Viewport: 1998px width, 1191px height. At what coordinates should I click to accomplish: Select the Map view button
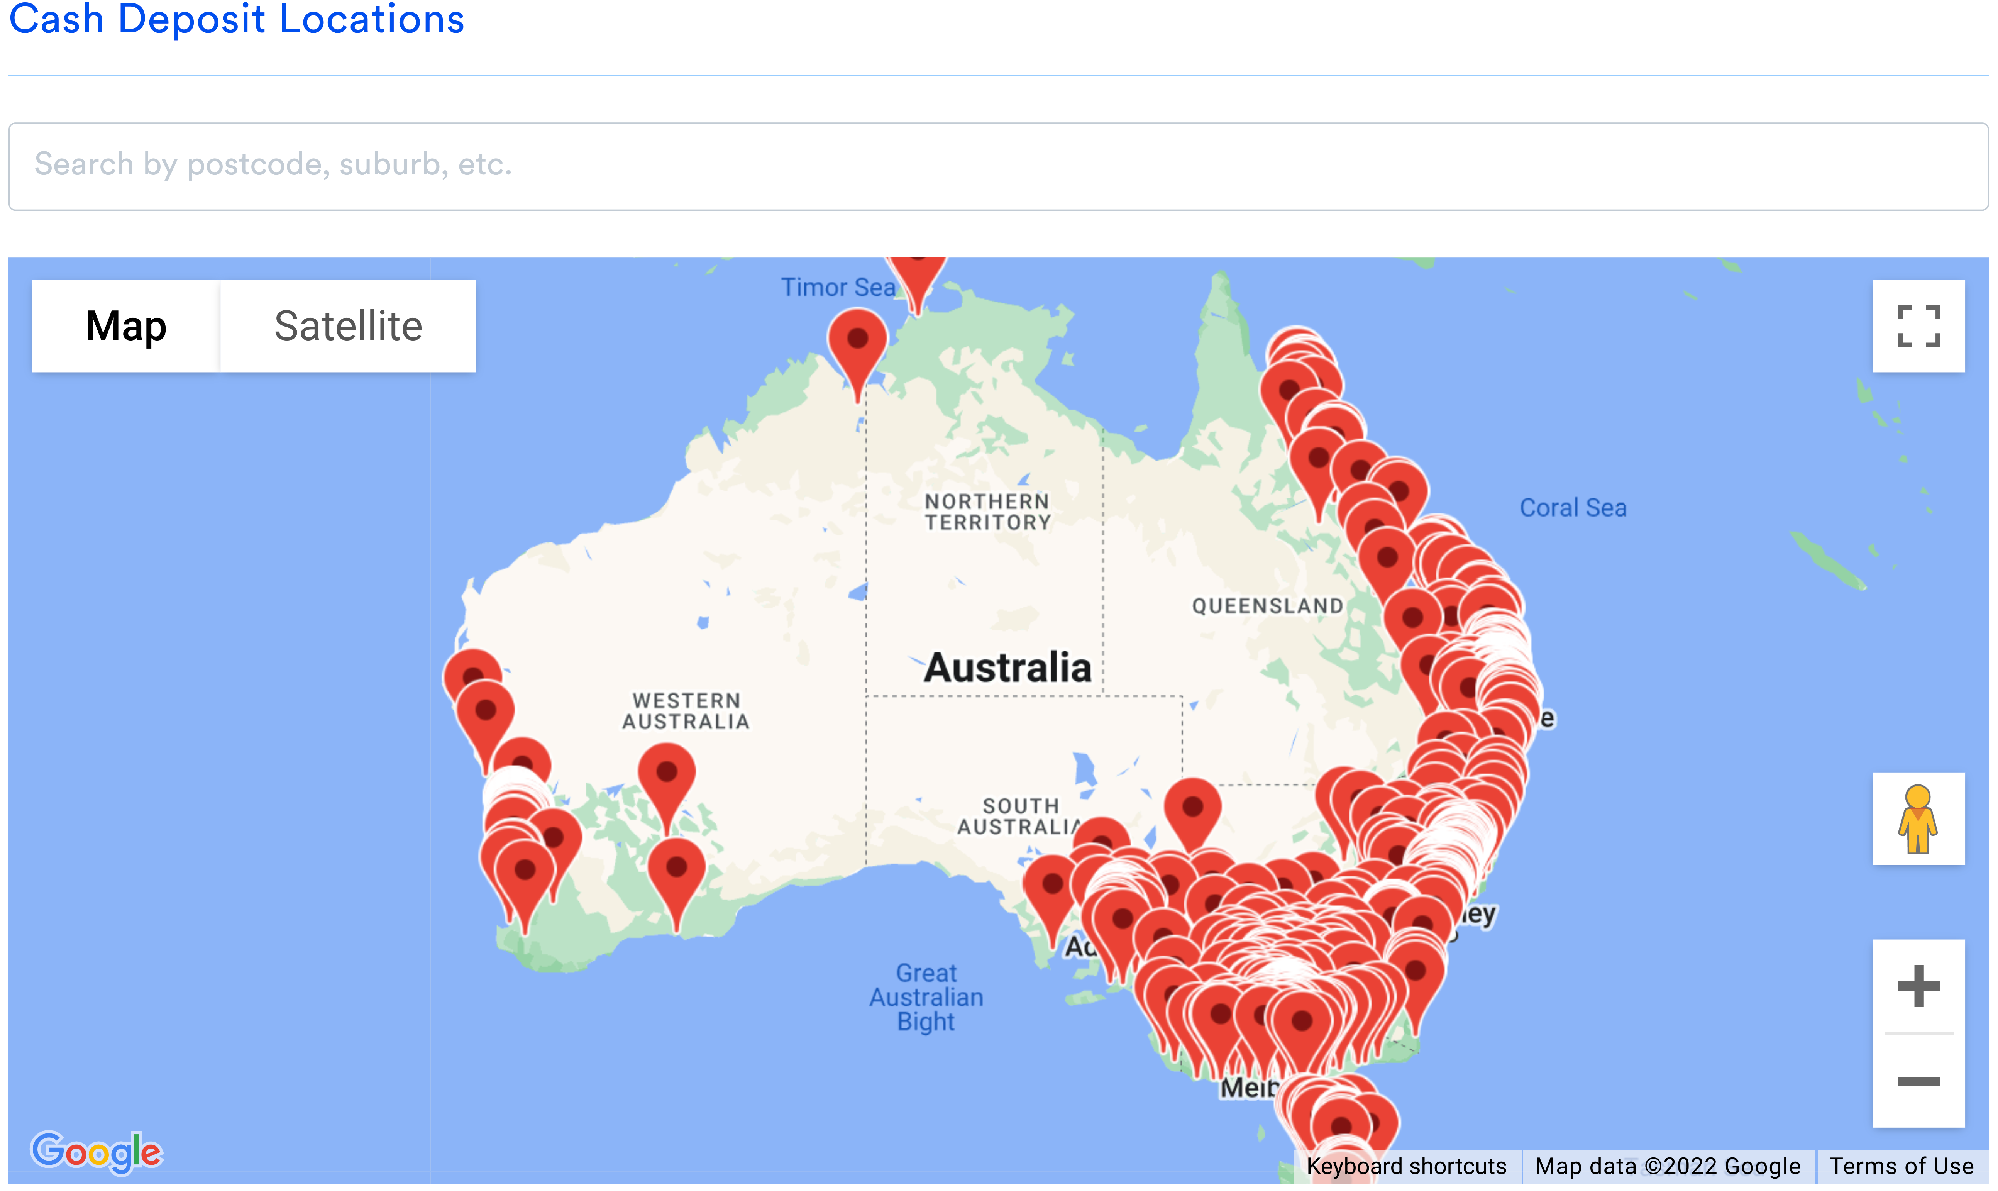click(x=126, y=326)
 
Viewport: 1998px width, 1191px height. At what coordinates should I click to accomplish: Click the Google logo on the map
click(x=96, y=1152)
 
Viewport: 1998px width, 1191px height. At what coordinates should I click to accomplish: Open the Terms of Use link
click(x=1901, y=1166)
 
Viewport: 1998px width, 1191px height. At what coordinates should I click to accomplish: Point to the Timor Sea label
click(x=837, y=287)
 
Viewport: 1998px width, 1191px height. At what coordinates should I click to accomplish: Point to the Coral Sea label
click(x=1573, y=508)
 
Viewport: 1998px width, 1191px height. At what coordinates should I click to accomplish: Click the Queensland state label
click(x=1267, y=606)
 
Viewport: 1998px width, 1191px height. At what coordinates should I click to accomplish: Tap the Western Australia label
click(x=686, y=711)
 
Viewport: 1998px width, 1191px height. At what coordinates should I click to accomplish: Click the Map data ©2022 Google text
click(x=1668, y=1166)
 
